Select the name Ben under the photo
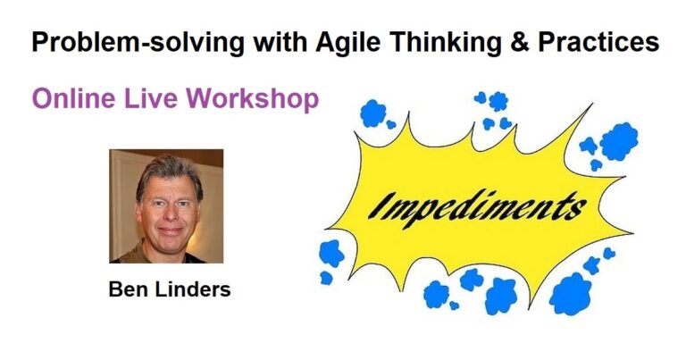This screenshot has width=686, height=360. tap(126, 290)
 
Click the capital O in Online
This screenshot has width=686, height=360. tap(44, 99)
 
